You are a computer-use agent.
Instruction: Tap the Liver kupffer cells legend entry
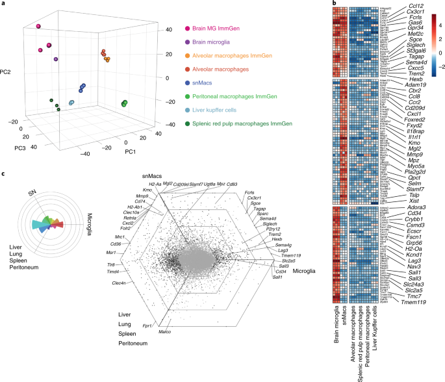click(225, 110)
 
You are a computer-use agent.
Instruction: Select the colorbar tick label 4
click(439, 25)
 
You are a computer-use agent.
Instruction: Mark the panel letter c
click(5, 173)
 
